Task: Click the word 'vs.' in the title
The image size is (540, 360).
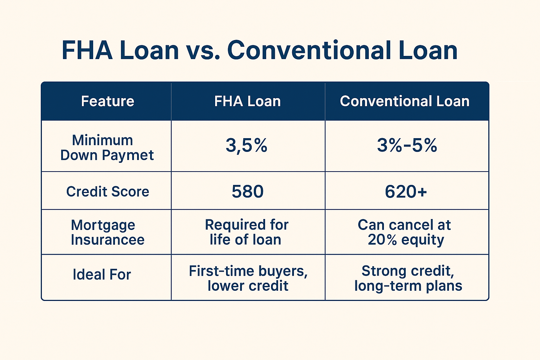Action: pos(203,51)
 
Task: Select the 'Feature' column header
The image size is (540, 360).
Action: pos(108,101)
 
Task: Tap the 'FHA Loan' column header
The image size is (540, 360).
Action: pos(247,101)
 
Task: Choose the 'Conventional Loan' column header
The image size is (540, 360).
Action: pos(405,101)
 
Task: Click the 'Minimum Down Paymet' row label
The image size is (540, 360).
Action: pos(107,148)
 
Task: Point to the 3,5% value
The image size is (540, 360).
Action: pos(246,146)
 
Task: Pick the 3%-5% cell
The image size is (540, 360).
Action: pos(407,146)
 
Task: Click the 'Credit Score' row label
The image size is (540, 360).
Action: pos(108,192)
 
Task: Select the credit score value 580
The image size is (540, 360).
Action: pos(247,192)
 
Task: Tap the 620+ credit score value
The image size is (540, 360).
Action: pos(406,192)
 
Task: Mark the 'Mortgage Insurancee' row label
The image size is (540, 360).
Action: pos(108,232)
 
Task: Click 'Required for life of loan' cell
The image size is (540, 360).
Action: pos(246,232)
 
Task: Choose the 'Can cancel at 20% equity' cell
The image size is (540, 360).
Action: pos(405,232)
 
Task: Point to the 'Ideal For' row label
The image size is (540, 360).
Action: pos(102,275)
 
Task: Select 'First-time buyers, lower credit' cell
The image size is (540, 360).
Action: pos(248,278)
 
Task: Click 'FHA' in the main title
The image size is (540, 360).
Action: pos(87,50)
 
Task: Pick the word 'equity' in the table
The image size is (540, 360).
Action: pos(423,240)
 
